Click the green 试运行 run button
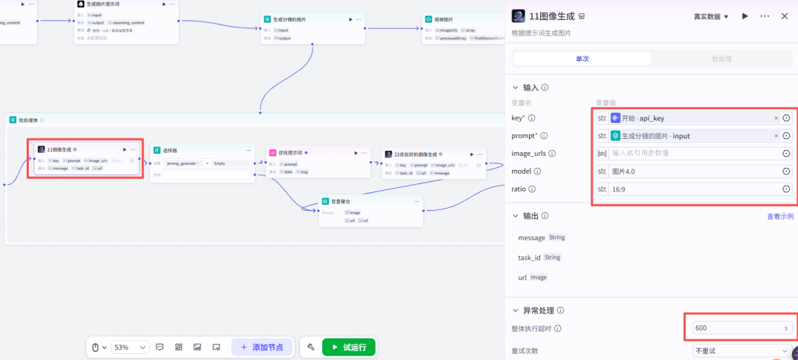tap(349, 347)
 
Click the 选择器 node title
tap(171, 150)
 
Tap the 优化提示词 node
tap(291, 153)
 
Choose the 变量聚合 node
tap(341, 201)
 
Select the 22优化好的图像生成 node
tap(415, 154)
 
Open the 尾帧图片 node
tap(444, 19)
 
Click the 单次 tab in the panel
tap(582, 58)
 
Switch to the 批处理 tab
tap(721, 58)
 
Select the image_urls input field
tap(691, 153)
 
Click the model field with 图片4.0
tap(691, 171)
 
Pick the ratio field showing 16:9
tap(691, 189)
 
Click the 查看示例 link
tap(780, 217)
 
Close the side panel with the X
tap(784, 16)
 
